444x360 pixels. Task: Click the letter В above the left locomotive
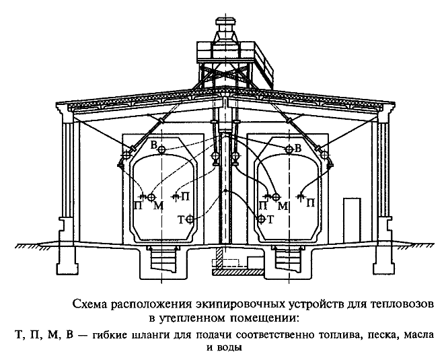(x=153, y=145)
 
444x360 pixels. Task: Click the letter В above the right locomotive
(x=298, y=147)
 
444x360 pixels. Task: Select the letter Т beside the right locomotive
(x=270, y=219)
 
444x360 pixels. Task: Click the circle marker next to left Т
(x=190, y=219)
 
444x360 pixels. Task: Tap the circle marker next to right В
(x=289, y=148)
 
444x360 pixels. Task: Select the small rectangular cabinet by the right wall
(x=350, y=214)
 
